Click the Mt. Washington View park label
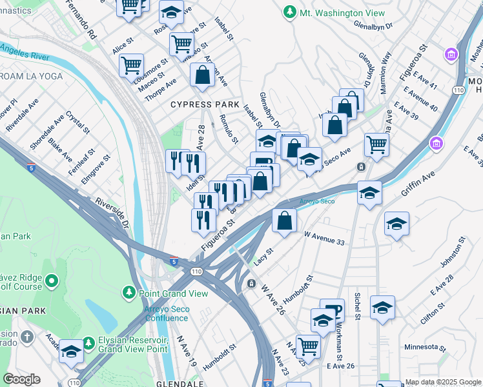coord(342,13)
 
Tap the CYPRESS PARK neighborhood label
coord(205,104)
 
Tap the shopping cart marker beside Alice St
coord(131,64)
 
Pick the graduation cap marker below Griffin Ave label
coord(370,192)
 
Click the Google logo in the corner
coord(22,379)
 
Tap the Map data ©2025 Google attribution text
coord(443,382)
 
